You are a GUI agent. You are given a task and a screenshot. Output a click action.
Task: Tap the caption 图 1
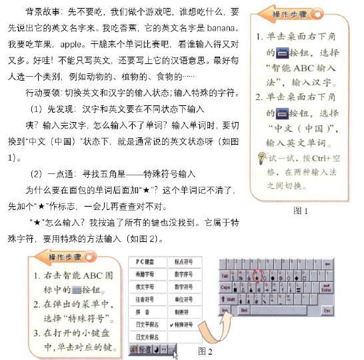pos(301,211)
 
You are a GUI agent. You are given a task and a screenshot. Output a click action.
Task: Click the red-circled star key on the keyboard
pos(256,274)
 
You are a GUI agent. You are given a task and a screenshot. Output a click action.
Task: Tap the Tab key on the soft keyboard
pos(225,275)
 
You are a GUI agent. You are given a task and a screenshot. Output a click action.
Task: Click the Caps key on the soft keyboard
pos(226,287)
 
